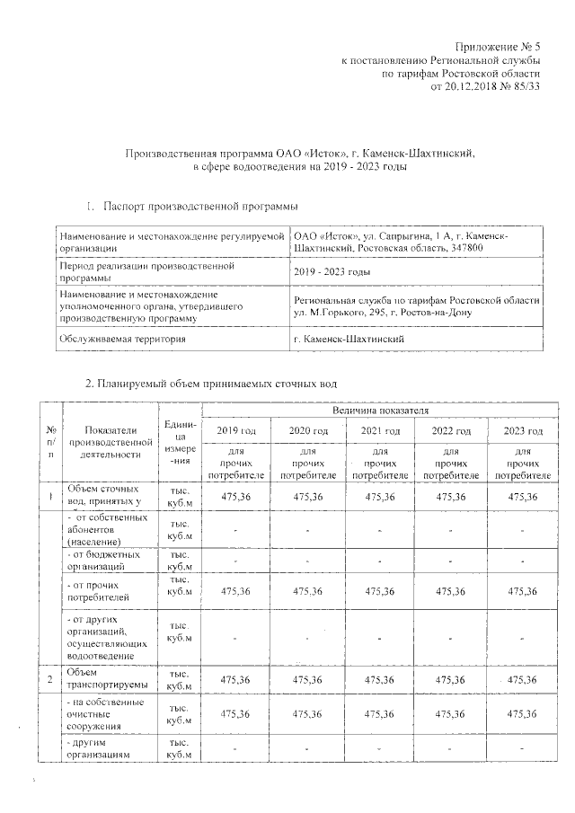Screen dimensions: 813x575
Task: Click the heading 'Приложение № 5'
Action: pyautogui.click(x=497, y=46)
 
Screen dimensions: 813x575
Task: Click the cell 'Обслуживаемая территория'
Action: pyautogui.click(x=122, y=339)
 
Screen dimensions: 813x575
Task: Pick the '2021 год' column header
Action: pyautogui.click(x=380, y=431)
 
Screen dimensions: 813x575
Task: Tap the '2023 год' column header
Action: pyautogui.click(x=524, y=431)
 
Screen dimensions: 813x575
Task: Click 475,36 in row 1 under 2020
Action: pyautogui.click(x=308, y=496)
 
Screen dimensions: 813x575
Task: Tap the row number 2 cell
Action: pyautogui.click(x=49, y=679)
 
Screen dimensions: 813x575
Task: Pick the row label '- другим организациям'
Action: pyautogui.click(x=107, y=748)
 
